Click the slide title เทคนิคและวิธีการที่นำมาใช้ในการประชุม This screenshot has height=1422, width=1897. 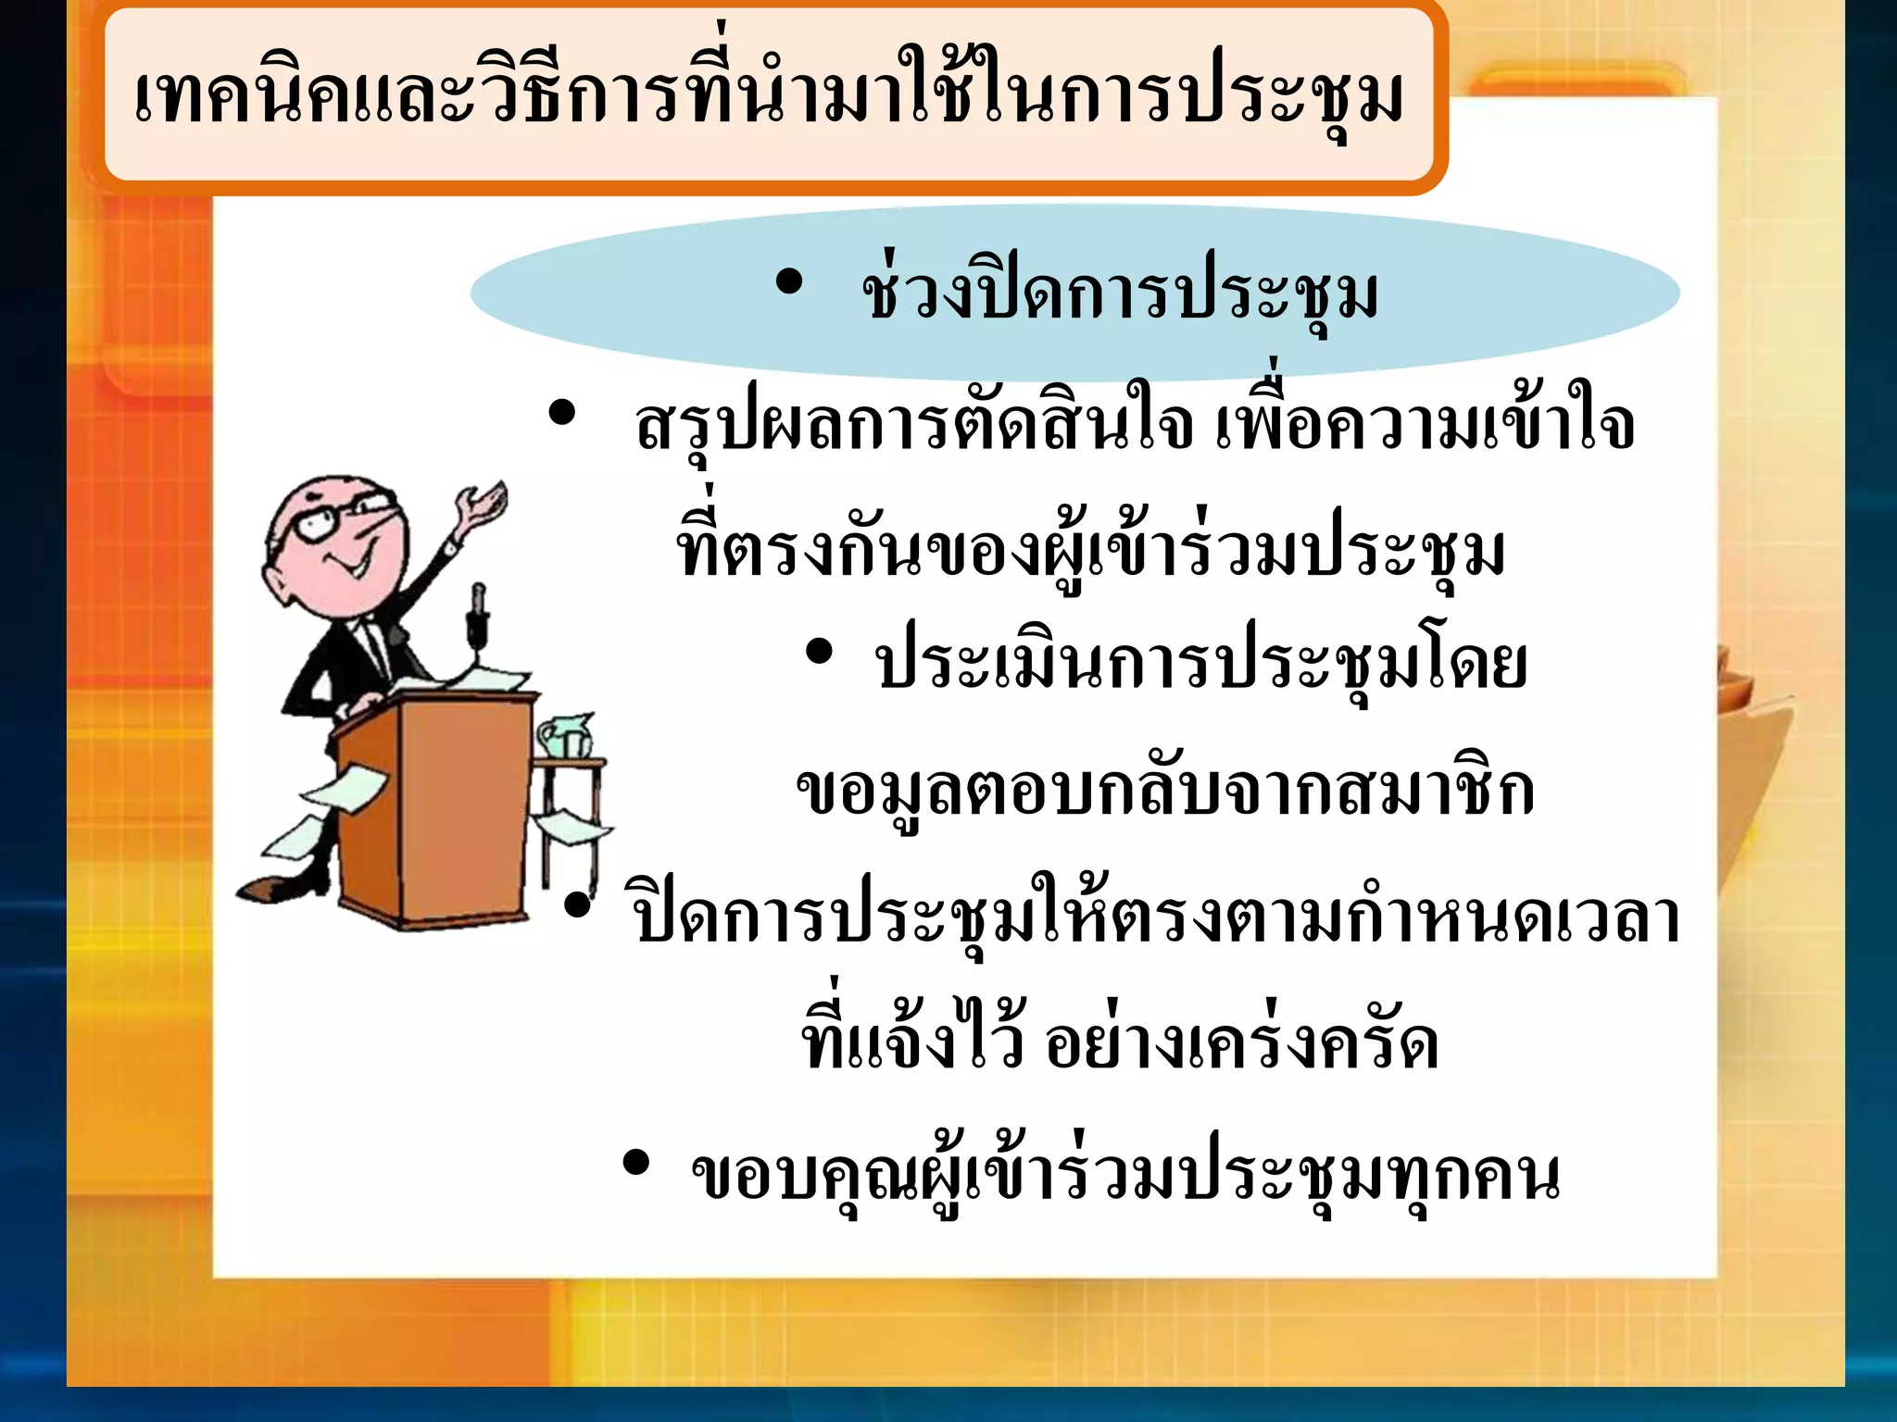point(769,97)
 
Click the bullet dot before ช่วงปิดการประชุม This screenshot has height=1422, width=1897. point(788,282)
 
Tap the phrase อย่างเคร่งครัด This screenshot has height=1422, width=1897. point(1241,1044)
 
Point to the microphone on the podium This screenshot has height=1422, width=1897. point(478,611)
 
